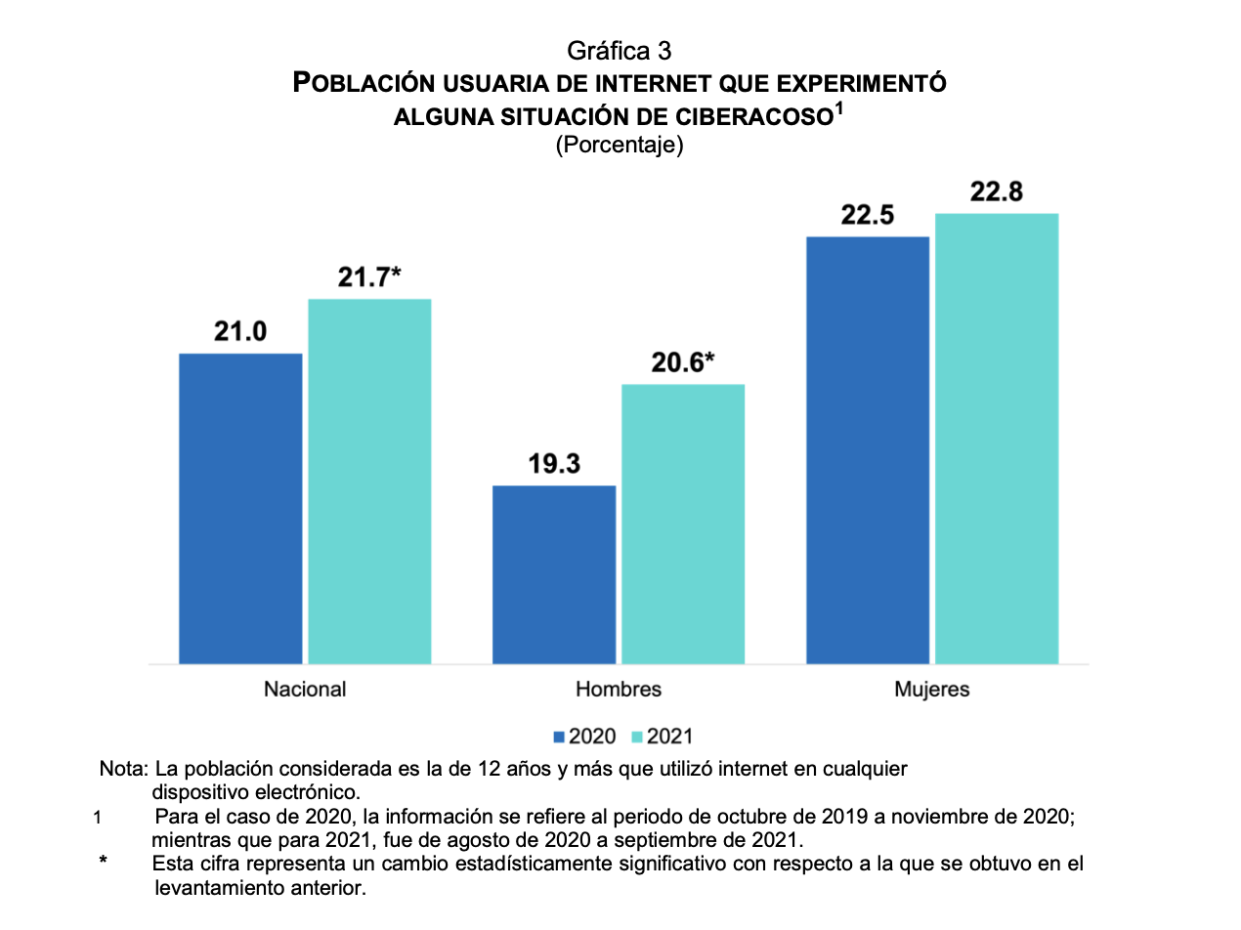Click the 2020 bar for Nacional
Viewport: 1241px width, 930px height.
click(240, 508)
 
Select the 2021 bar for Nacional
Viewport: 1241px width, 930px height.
click(369, 481)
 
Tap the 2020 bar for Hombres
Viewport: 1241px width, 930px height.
click(554, 574)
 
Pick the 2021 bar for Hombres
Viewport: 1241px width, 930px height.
click(683, 524)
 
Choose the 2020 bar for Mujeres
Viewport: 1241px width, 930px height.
click(868, 449)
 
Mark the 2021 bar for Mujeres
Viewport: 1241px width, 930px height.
click(997, 438)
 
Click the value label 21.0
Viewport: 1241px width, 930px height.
click(240, 332)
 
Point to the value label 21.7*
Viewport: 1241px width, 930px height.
click(369, 278)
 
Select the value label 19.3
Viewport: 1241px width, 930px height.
click(554, 465)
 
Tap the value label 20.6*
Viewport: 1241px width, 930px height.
click(683, 363)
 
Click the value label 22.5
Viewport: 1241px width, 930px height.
click(868, 216)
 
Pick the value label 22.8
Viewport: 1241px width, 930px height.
click(997, 192)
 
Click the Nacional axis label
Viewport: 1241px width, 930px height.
click(305, 689)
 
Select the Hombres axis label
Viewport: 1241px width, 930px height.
click(619, 689)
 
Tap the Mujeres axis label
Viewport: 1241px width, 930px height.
click(932, 689)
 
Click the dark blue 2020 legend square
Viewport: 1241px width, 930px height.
click(560, 737)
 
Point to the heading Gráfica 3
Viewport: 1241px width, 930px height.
click(620, 50)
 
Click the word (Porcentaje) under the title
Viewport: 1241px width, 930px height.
click(620, 146)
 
